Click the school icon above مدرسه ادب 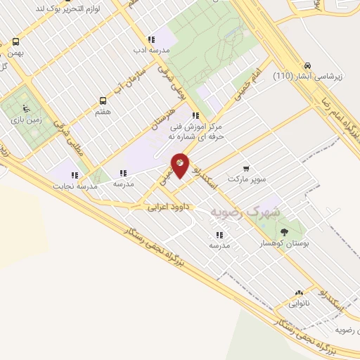point(150,39)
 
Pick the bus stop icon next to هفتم point(103,100)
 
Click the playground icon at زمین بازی point(26,108)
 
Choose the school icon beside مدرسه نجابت point(75,174)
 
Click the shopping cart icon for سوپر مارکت point(246,168)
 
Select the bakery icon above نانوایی point(300,293)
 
